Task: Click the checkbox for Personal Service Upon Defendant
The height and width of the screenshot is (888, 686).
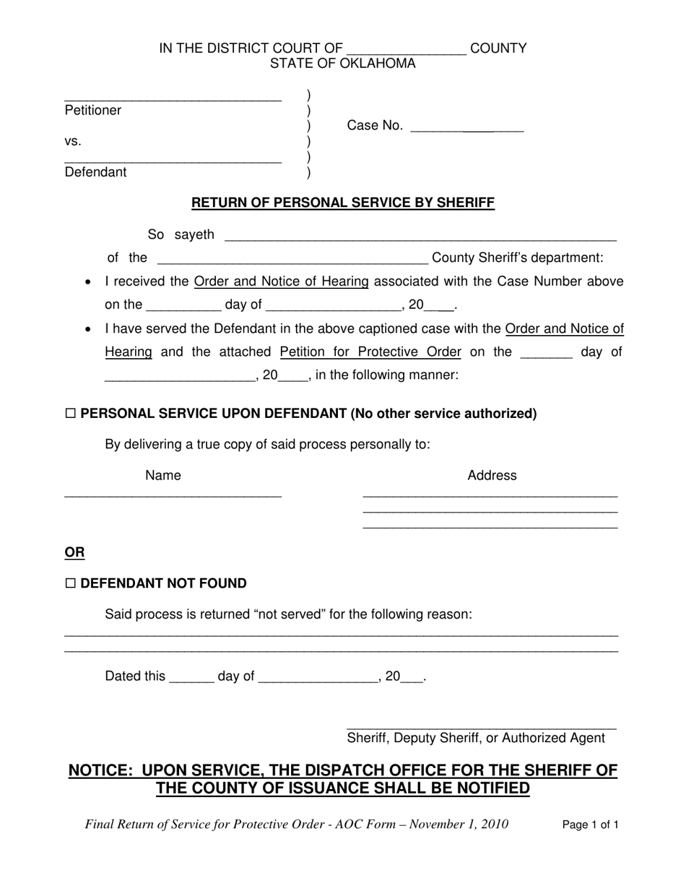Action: [70, 414]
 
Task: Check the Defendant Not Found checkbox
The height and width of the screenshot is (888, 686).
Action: [70, 584]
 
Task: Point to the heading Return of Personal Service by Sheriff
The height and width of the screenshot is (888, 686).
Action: [343, 203]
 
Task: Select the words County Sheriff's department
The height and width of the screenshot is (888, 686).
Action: [517, 258]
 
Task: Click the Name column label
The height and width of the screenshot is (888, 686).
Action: [163, 475]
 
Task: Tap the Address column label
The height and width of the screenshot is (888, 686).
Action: [492, 475]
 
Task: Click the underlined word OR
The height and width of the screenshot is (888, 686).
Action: [74, 553]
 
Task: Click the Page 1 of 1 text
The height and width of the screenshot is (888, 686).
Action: [590, 824]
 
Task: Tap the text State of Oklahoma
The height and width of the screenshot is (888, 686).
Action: [343, 64]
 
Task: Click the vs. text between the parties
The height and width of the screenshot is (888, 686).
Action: [73, 141]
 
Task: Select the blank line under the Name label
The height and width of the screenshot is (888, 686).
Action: [173, 495]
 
